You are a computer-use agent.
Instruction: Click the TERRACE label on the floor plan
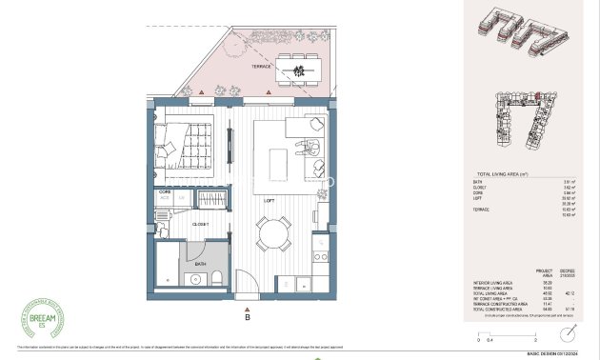tap(261, 68)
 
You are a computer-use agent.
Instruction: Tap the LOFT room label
tap(270, 201)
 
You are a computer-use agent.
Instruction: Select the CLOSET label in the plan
tap(201, 224)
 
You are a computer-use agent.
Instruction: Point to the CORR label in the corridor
tap(163, 191)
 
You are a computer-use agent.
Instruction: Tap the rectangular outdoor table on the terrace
tap(304, 67)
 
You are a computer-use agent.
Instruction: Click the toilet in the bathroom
tap(217, 276)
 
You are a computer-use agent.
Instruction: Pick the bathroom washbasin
tap(196, 279)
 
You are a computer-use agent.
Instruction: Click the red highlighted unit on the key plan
tap(538, 96)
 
